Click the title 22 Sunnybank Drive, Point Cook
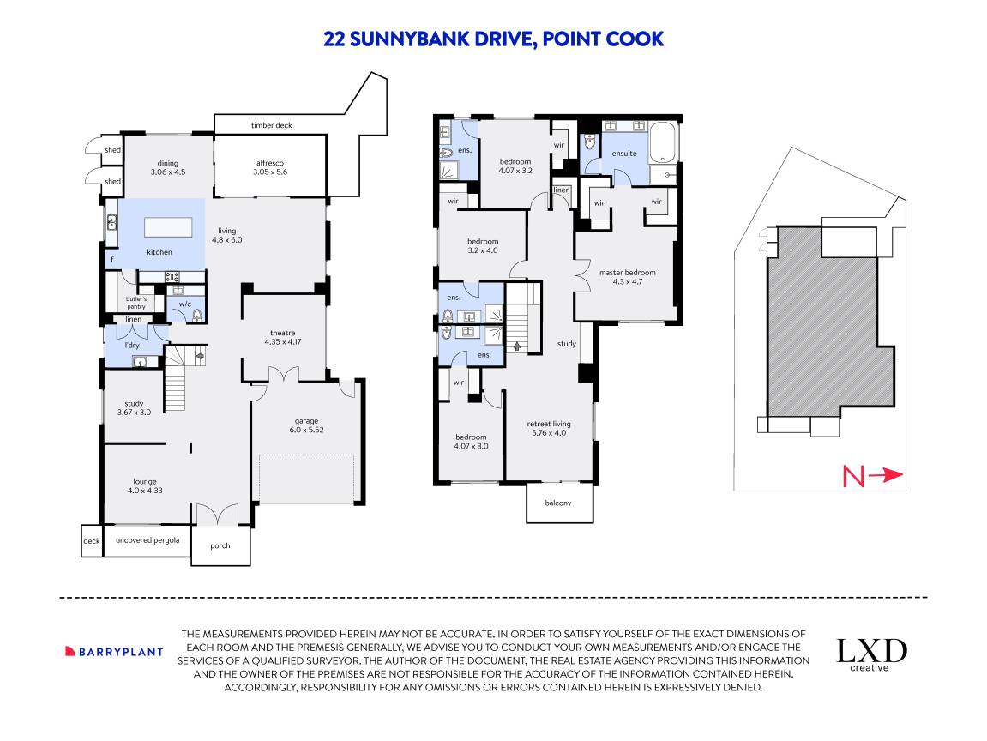click(493, 39)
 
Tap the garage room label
click(306, 425)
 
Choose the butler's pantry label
click(135, 302)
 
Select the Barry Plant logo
click(114, 651)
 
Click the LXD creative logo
click(871, 654)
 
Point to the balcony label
click(558, 503)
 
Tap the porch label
click(220, 545)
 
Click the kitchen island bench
click(169, 226)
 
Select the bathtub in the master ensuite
click(663, 143)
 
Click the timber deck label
click(271, 125)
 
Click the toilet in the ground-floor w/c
click(196, 315)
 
